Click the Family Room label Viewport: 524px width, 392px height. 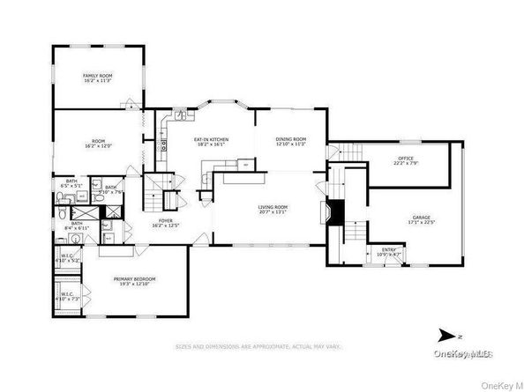click(x=97, y=77)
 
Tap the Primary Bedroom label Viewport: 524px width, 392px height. click(x=134, y=279)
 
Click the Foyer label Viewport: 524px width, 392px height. click(x=165, y=220)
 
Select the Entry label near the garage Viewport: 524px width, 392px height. click(x=389, y=249)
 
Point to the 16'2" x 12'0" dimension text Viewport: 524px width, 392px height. click(x=99, y=145)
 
